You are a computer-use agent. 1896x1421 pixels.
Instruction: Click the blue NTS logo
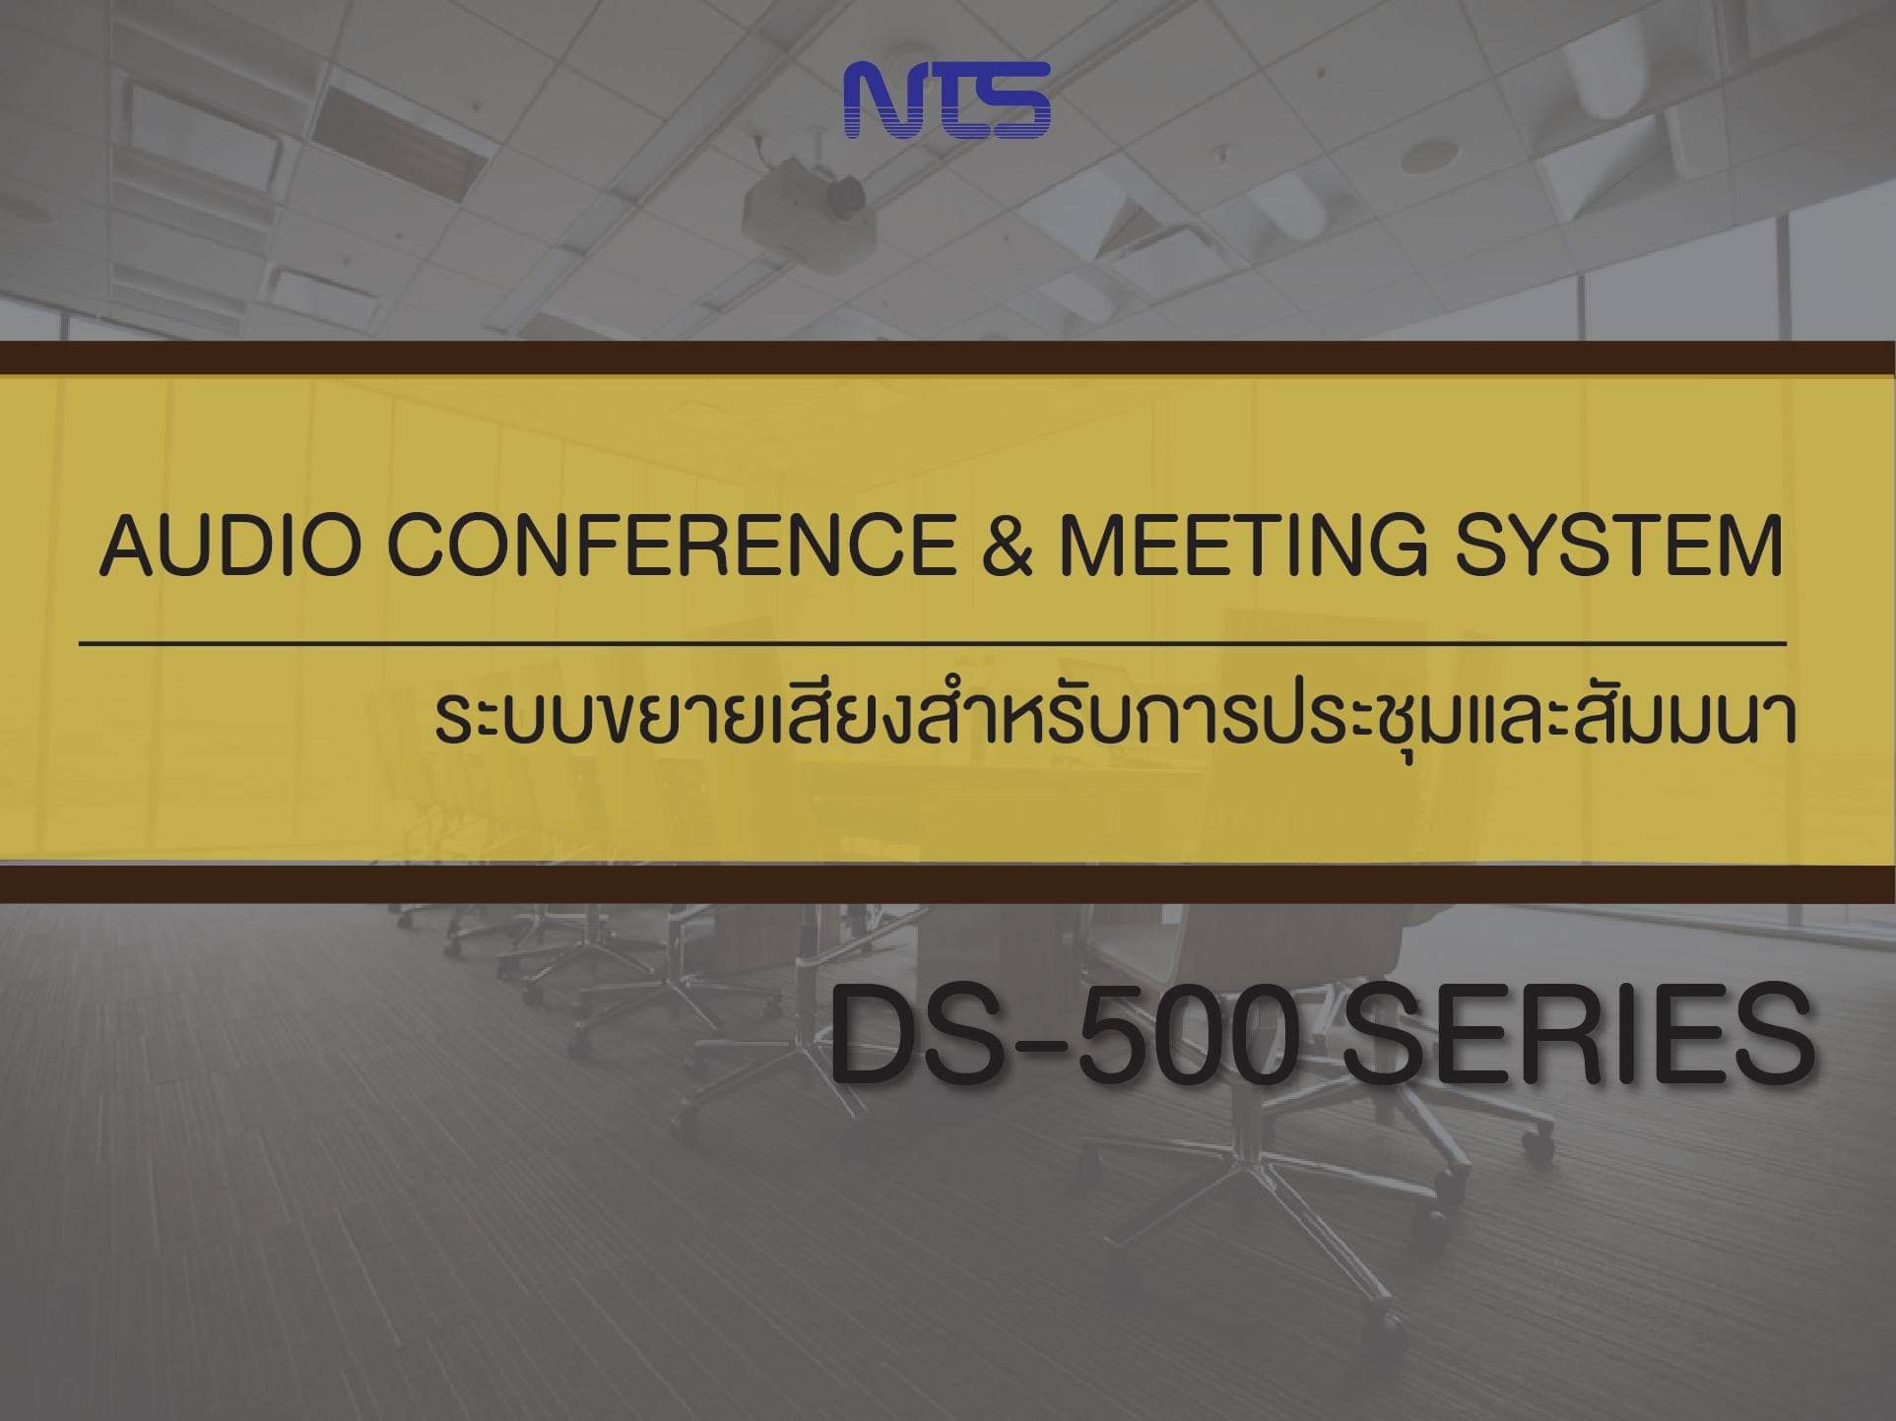tap(948, 99)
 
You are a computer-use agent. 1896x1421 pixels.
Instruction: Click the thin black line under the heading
tap(932, 644)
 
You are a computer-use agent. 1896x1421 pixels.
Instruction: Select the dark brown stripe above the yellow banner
tap(948, 358)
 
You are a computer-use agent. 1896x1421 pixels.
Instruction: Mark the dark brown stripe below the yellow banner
tap(948, 883)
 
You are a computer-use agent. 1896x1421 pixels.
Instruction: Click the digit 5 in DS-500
tap(1112, 1035)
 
